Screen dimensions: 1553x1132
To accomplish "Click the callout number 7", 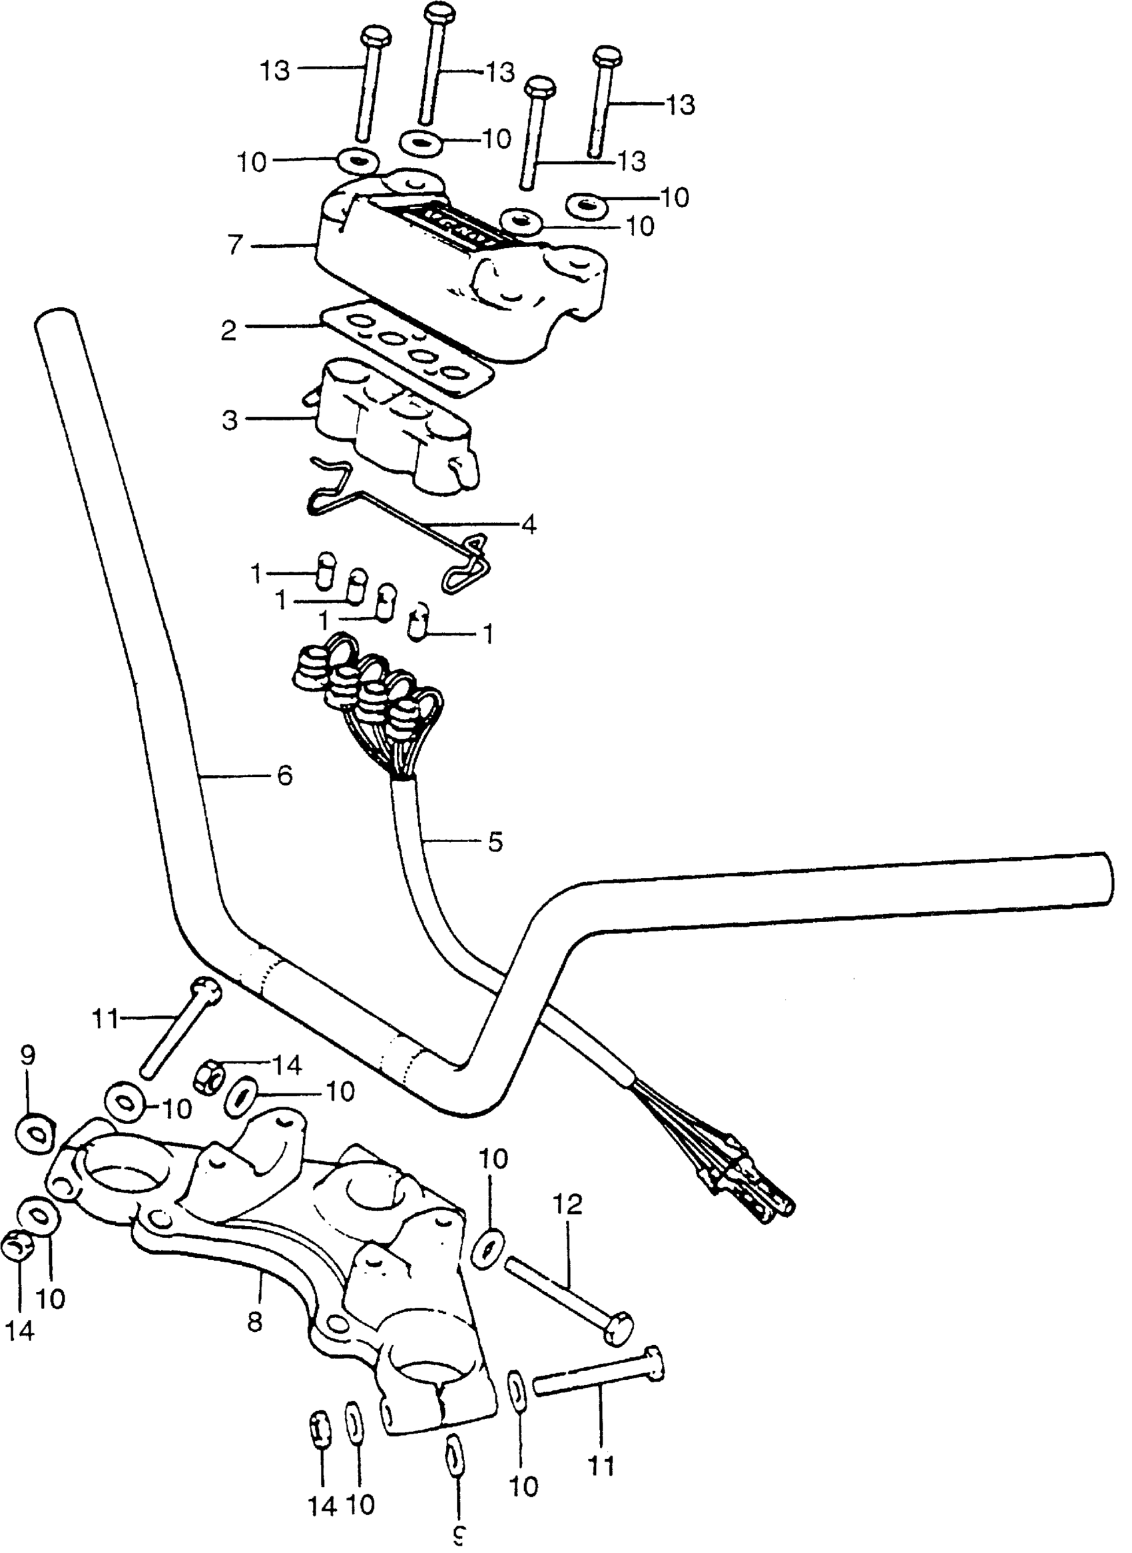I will pos(235,245).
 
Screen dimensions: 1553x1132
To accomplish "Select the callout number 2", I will pos(229,331).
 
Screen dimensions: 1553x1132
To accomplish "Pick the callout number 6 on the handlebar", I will pos(284,776).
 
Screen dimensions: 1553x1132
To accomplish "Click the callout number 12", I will pos(568,1205).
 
